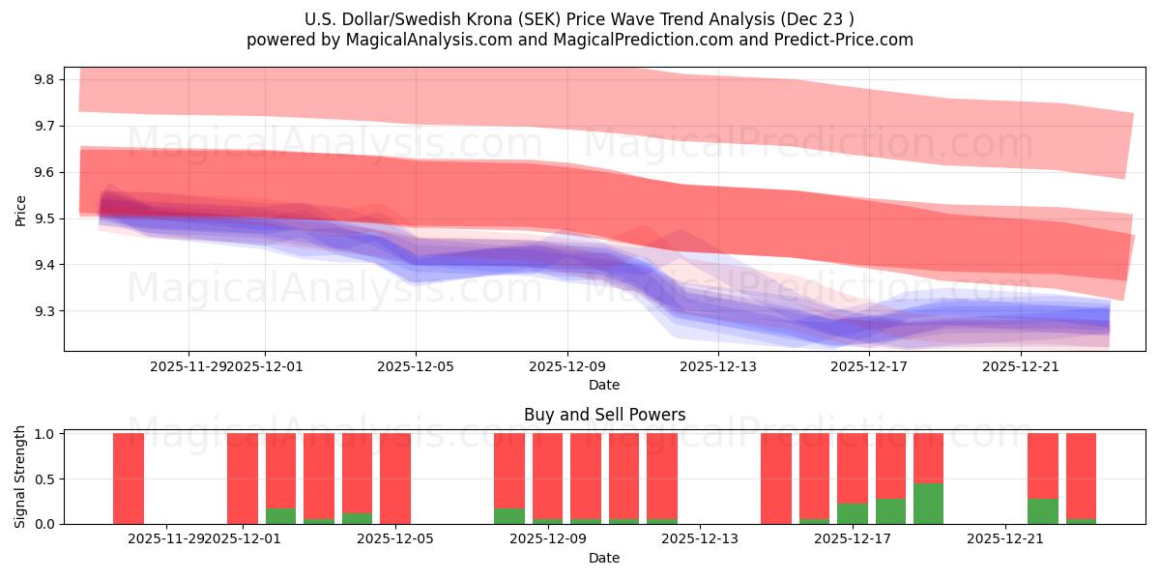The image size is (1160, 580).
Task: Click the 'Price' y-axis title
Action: click(x=21, y=210)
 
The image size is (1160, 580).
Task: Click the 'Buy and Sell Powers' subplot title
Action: click(x=604, y=415)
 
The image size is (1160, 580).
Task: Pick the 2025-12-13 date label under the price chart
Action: click(x=718, y=366)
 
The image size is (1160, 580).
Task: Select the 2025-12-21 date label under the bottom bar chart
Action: click(x=1005, y=538)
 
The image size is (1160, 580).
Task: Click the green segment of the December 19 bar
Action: click(x=928, y=504)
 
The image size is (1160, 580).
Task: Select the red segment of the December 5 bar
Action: click(x=395, y=478)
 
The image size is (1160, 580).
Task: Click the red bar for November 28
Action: click(x=129, y=478)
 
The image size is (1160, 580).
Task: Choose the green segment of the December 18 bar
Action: click(x=890, y=511)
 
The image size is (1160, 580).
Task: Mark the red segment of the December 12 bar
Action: click(x=662, y=477)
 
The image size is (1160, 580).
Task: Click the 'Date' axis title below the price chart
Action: click(x=604, y=385)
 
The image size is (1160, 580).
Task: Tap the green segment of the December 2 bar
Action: click(x=280, y=516)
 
